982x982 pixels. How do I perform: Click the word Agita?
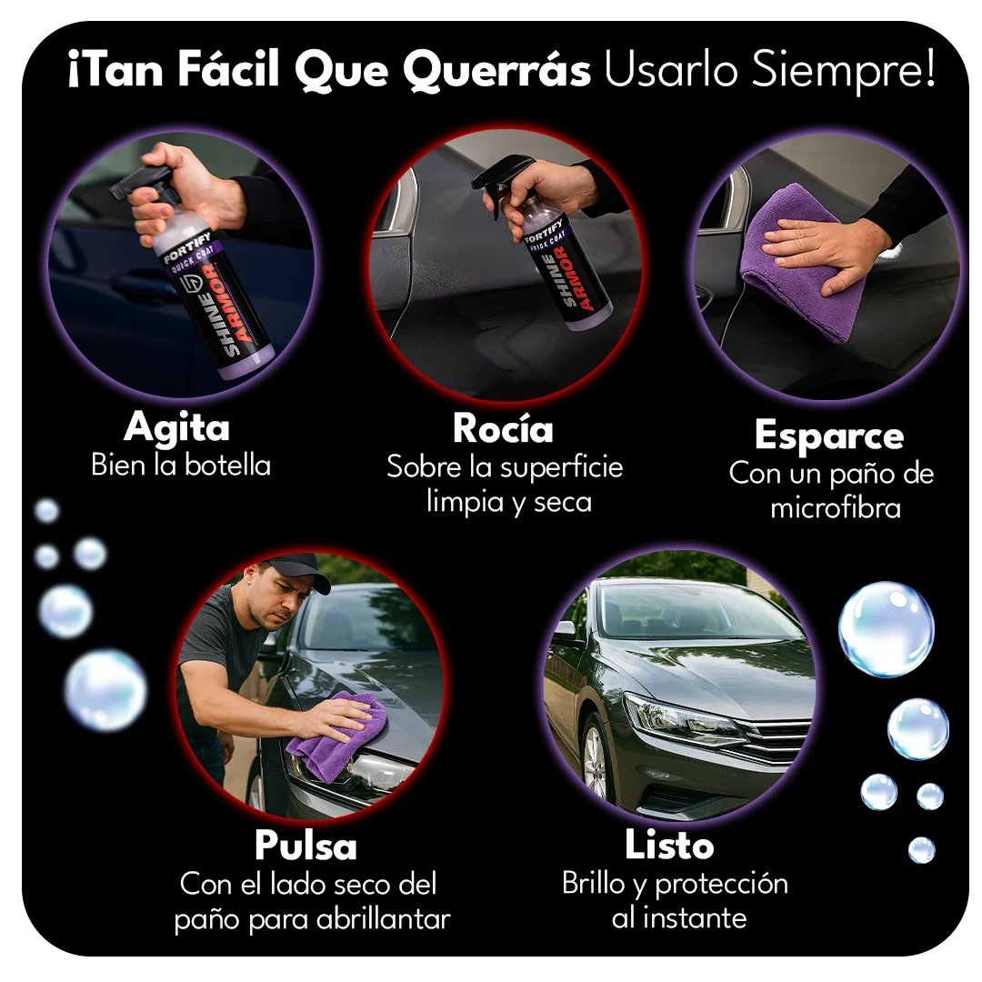(176, 426)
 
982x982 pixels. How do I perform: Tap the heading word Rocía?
(503, 428)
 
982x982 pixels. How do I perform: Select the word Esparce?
(829, 436)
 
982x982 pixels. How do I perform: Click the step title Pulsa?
(306, 846)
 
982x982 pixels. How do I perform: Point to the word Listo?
(669, 846)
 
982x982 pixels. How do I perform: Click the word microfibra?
(836, 507)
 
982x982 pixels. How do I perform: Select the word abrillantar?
(383, 918)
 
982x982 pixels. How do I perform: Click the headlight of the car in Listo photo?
(682, 718)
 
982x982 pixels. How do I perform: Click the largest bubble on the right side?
(886, 629)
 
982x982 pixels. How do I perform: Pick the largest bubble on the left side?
(105, 689)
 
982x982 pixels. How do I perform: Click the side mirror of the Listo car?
(566, 629)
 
